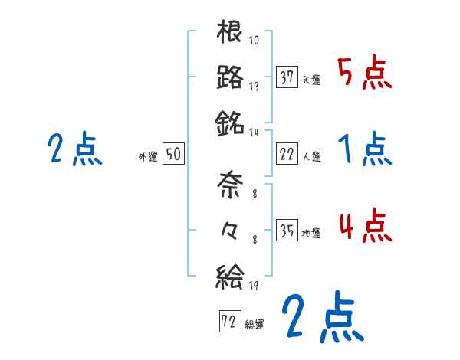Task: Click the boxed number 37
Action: (x=287, y=77)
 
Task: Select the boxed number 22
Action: (x=287, y=154)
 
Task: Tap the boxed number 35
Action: (x=287, y=230)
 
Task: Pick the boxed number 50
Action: (x=172, y=154)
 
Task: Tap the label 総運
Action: (x=255, y=324)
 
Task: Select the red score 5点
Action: (x=365, y=74)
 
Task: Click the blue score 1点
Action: (x=365, y=149)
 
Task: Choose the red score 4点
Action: (x=365, y=226)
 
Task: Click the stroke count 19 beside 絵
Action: (x=254, y=286)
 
